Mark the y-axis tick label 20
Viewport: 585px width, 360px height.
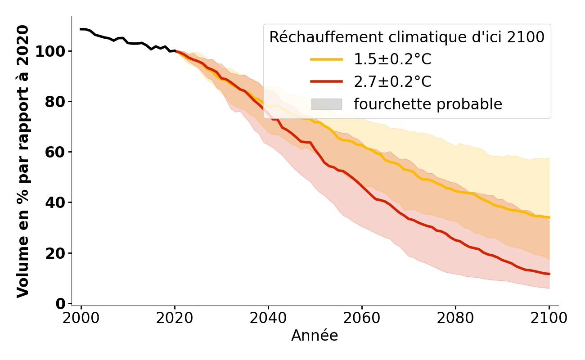55,253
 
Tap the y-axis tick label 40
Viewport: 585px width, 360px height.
55,202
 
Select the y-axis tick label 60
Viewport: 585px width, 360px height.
55,152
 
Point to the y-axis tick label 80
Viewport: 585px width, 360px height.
55,102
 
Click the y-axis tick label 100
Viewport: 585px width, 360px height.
49,51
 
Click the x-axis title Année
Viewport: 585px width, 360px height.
315,336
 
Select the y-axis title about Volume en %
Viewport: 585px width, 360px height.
23,161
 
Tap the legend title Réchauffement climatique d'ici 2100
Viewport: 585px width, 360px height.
407,37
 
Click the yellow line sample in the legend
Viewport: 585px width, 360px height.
326,59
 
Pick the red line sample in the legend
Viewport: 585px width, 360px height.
326,81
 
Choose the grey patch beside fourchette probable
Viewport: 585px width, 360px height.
326,104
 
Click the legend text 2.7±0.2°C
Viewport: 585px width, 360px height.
392,81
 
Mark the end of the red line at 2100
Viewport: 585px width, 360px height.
549,274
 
